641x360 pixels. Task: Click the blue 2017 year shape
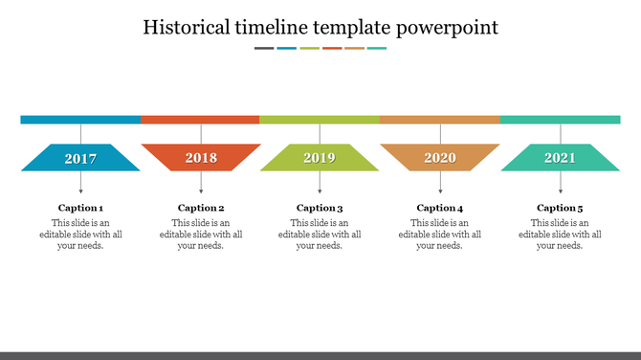80,158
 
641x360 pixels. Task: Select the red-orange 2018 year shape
201,158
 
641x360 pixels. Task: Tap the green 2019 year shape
320,158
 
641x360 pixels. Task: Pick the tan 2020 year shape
440,158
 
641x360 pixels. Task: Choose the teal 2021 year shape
561,158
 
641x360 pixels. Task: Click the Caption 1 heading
80,208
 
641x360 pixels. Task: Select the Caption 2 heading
201,208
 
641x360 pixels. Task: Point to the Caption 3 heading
320,208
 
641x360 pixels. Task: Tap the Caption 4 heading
440,208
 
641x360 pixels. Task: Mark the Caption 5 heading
560,208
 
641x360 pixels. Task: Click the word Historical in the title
188,27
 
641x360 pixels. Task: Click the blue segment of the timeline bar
80,120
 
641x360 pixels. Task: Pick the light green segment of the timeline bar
320,120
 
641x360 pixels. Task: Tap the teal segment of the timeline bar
561,120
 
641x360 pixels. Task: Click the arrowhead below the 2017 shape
80,191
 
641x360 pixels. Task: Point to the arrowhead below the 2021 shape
561,191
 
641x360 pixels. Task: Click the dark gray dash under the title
264,48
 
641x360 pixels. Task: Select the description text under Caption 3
320,235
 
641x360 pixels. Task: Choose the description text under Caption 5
560,235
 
